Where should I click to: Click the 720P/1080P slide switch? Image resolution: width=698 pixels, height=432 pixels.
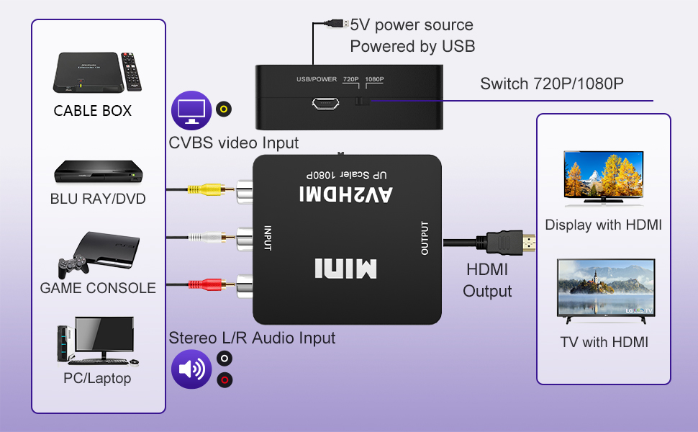(x=362, y=102)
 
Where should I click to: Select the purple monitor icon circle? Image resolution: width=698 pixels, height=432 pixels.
(x=190, y=110)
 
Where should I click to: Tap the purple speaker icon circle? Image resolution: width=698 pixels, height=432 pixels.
(x=191, y=369)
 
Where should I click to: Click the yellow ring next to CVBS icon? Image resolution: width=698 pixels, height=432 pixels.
(x=225, y=109)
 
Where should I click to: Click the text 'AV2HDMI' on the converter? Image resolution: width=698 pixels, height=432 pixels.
(x=347, y=194)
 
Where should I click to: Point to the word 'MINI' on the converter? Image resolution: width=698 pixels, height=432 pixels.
(x=345, y=269)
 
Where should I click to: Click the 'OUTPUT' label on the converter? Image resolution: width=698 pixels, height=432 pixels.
(x=425, y=238)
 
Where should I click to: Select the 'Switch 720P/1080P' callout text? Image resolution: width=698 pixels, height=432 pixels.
(x=551, y=84)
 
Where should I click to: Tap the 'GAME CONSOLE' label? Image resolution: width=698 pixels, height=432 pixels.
(x=98, y=288)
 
